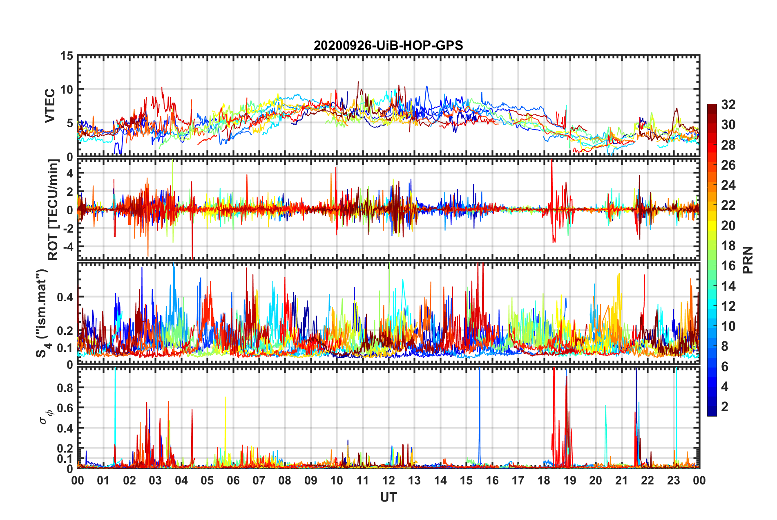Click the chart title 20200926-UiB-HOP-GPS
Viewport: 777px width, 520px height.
point(388,45)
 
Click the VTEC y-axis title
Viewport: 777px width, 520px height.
point(50,106)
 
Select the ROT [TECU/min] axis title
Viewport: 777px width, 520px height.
point(53,209)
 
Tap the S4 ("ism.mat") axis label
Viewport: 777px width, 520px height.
point(42,313)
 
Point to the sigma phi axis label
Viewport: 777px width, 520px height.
point(46,415)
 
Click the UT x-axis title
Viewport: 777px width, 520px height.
point(388,498)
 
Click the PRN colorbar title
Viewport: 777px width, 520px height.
point(748,260)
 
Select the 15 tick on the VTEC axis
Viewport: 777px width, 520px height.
point(67,56)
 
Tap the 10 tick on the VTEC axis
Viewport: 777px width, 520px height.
point(67,90)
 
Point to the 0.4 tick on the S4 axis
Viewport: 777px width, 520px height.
point(65,297)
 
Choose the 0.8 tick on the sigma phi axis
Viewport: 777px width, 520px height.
point(65,388)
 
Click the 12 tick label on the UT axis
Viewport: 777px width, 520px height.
point(388,481)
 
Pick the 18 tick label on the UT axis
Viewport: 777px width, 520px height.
point(544,481)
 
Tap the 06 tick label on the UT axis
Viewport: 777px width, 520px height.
point(233,481)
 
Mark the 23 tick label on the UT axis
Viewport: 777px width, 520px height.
point(673,481)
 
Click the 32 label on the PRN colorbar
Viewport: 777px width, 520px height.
point(728,105)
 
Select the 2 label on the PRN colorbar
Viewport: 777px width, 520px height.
point(725,407)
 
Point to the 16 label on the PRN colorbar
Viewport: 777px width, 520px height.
point(728,266)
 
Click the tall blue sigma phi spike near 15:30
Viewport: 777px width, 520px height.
point(479,409)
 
